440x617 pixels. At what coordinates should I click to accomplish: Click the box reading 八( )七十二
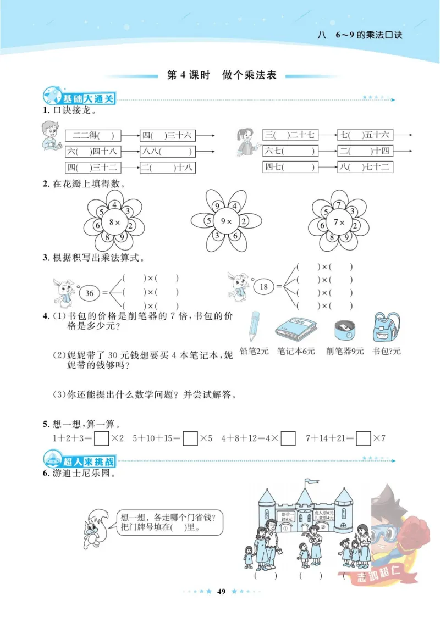365,167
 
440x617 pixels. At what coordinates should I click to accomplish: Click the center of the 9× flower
227,223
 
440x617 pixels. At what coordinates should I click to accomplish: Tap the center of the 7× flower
341,223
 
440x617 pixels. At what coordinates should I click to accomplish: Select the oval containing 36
89,292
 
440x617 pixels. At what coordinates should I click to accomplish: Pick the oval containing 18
263,286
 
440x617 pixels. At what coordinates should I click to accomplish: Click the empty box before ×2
101,438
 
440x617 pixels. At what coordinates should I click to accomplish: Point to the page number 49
222,591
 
